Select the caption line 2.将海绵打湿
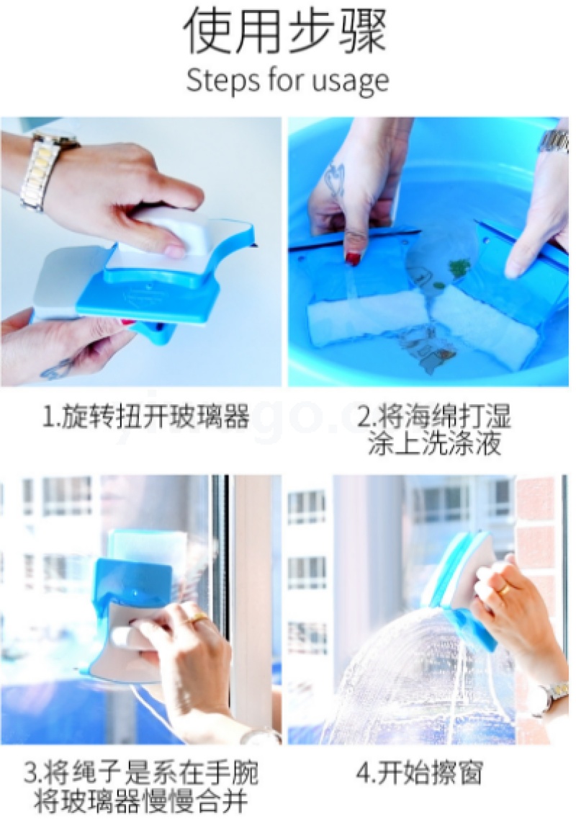coord(433,417)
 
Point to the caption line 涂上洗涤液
coord(434,444)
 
